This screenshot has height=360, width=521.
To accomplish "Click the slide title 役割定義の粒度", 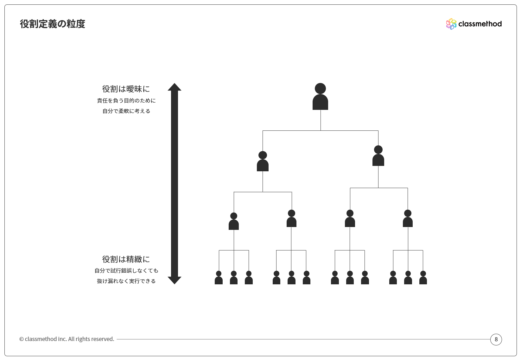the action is tap(53, 24).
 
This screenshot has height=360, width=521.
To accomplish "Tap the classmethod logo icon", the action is tap(451, 24).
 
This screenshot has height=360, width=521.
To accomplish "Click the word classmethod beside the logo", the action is tap(480, 24).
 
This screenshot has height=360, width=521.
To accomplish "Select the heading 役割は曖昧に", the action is tap(126, 89).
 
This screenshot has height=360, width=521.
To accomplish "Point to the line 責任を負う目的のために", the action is tap(126, 101).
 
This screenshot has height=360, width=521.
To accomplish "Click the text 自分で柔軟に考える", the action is tap(126, 111).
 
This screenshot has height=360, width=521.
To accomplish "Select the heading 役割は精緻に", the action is tap(126, 259).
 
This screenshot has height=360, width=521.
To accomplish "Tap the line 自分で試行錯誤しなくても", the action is tap(126, 271).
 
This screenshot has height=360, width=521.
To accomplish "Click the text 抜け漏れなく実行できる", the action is tap(126, 281).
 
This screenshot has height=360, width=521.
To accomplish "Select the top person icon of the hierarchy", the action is tap(320, 97).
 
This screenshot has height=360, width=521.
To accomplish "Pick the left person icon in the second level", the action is tap(263, 161).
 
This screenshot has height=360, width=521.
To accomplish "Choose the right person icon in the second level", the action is tap(378, 156).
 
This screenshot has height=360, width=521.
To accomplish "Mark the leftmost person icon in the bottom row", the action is tap(219, 278).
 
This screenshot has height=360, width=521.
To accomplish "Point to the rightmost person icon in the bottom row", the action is tap(423, 278).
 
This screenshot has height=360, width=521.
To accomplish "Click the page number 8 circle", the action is tap(496, 339).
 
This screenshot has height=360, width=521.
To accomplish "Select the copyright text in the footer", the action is tap(67, 339).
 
